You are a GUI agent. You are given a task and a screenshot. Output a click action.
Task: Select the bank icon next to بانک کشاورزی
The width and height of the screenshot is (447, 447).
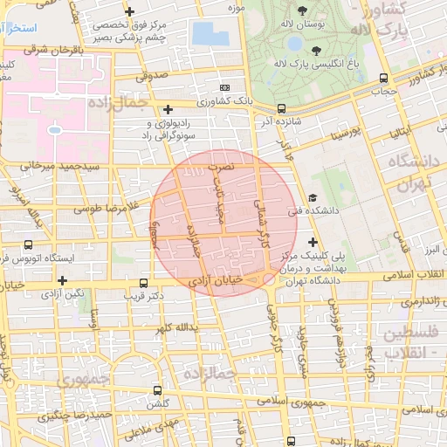tap(225, 87)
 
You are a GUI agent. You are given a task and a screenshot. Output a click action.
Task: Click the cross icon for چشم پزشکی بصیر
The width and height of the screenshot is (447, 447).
tap(129, 11)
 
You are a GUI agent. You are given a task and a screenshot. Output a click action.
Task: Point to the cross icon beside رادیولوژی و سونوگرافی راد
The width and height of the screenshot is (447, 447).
tap(168, 109)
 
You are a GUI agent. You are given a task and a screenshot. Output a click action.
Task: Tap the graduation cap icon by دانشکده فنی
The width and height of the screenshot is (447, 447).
tap(313, 198)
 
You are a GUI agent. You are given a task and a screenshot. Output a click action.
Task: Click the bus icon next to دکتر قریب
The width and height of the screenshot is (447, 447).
tap(143, 283)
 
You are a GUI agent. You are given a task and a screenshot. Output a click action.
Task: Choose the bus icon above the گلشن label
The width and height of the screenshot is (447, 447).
tap(157, 390)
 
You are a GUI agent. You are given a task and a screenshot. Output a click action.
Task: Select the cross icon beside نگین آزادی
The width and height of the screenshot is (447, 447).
tap(63, 280)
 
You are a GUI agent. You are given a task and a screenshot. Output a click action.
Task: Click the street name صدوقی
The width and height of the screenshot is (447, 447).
tap(150, 77)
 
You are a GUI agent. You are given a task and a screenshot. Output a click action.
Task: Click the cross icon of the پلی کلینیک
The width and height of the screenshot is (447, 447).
tap(313, 240)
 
